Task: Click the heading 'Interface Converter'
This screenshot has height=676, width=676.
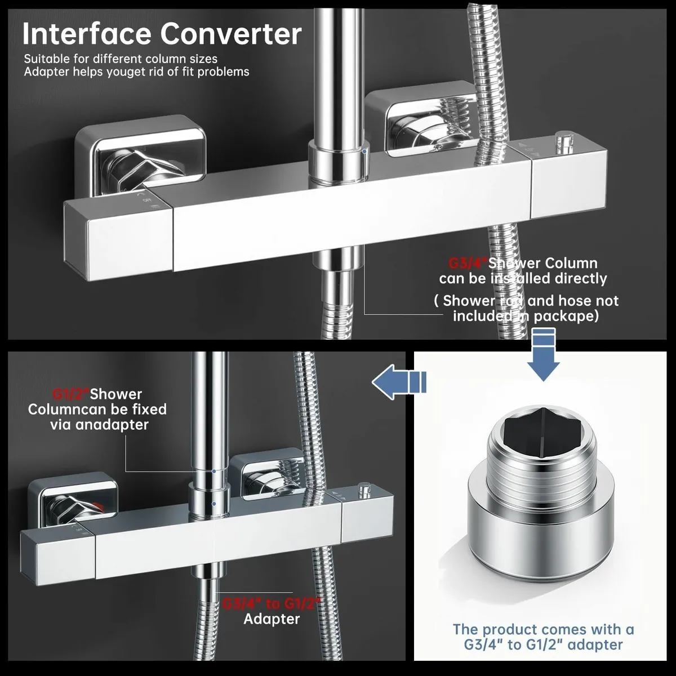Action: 162,34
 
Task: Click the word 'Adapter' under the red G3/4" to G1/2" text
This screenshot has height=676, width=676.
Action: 272,619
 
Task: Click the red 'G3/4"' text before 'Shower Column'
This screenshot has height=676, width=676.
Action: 468,263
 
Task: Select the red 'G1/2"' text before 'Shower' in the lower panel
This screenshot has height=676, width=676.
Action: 70,394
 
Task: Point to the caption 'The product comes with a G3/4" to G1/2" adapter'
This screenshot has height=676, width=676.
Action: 544,637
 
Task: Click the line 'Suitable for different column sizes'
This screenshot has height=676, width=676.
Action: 121,59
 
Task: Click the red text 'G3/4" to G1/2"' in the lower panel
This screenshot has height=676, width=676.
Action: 272,603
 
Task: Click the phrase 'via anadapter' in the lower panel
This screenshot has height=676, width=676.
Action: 99,424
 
